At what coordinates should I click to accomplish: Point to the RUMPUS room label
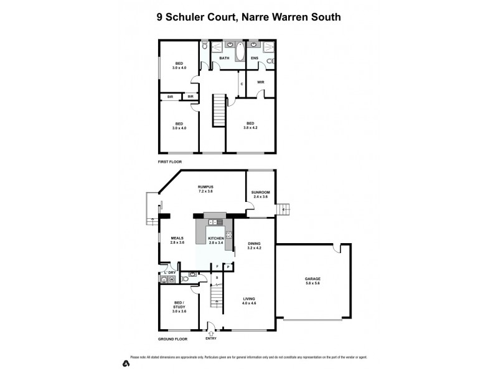coord(205,188)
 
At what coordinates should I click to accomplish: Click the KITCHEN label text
coord(215,238)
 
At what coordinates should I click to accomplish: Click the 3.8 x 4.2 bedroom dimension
coord(251,127)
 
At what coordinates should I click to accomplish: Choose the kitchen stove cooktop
coord(228,236)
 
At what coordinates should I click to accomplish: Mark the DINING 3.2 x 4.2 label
coord(253,246)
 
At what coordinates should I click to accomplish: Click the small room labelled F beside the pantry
coord(217,267)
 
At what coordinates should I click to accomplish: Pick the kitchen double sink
coord(215,222)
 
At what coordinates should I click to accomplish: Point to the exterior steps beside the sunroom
coord(283,209)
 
